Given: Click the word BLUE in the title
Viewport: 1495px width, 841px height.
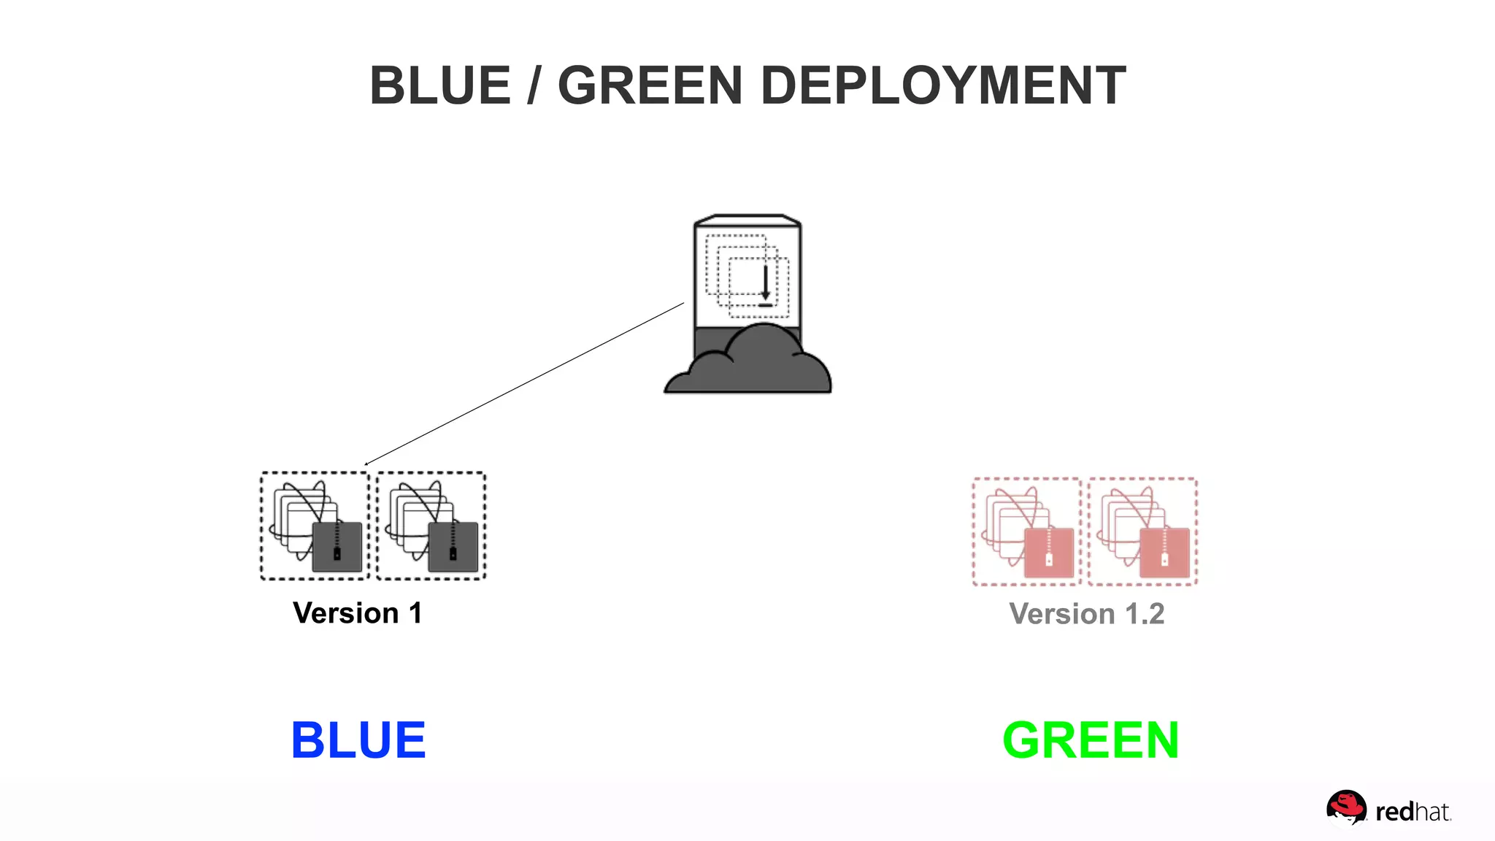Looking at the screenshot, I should tap(440, 85).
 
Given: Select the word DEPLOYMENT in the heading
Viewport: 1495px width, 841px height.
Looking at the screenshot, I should tap(943, 85).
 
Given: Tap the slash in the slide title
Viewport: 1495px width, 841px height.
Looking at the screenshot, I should tap(534, 85).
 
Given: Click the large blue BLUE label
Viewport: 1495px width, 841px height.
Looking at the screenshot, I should tap(358, 740).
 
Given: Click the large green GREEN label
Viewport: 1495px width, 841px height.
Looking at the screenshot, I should tap(1091, 740).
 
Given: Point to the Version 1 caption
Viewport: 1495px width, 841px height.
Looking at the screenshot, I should tap(358, 613).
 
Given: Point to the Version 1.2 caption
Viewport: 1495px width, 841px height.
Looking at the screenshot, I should tap(1086, 614).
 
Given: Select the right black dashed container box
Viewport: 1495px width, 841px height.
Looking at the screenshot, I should tap(431, 526).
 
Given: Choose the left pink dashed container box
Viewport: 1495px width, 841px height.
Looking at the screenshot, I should tap(1026, 531).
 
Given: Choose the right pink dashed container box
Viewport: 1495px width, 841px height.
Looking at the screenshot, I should tap(1142, 531).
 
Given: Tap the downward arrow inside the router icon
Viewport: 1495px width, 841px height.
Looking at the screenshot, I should tap(765, 285).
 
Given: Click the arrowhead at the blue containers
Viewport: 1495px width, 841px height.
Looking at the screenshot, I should tap(366, 464).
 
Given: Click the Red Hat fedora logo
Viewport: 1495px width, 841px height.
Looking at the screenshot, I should tap(1345, 808).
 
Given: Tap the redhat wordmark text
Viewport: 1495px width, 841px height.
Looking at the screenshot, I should tap(1413, 812).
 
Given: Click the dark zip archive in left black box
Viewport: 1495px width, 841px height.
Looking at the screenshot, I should tap(337, 547).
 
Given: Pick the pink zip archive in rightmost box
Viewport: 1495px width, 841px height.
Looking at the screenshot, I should tap(1164, 553).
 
